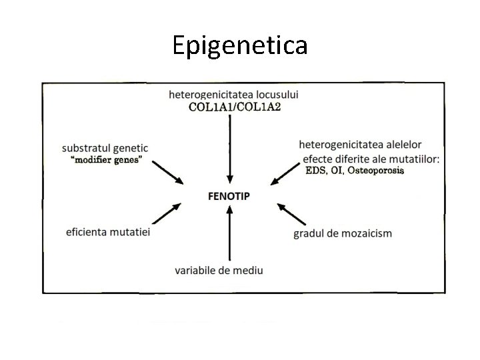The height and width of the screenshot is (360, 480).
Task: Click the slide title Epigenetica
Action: click(240, 45)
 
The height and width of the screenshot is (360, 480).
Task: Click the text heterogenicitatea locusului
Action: click(233, 95)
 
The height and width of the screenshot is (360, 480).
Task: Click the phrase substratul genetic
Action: click(105, 147)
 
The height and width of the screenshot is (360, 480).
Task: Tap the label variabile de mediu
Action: click(219, 270)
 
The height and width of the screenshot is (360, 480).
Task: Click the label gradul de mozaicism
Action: click(343, 233)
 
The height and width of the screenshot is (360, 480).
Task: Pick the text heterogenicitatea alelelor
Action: click(361, 144)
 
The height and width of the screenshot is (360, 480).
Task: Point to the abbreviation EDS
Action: click(315, 170)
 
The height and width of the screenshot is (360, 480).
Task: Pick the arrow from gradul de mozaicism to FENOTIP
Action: click(291, 213)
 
